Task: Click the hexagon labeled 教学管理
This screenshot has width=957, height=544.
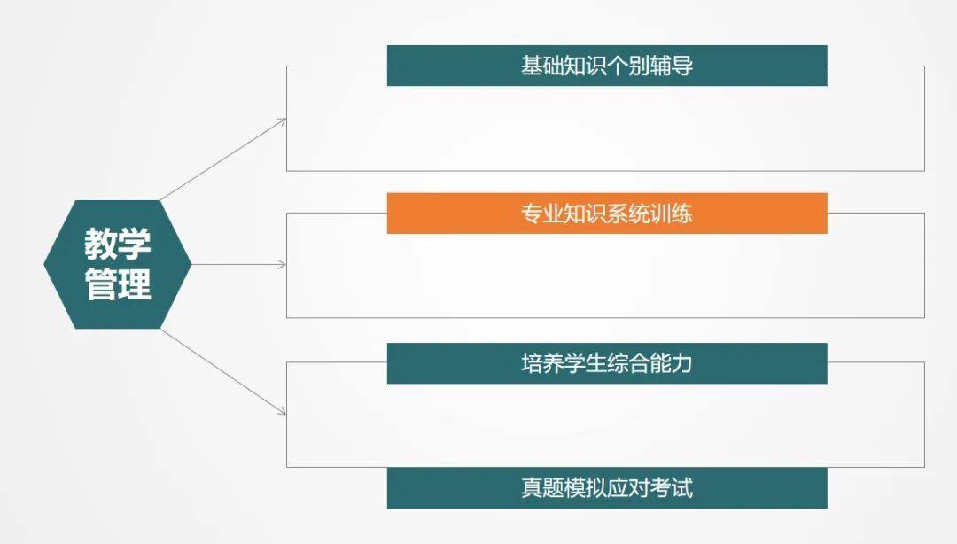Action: coord(117,264)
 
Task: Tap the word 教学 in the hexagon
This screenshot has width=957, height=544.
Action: coord(117,244)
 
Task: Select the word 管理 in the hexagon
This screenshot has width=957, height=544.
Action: coord(117,284)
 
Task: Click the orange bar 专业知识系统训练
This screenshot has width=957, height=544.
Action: coord(607,214)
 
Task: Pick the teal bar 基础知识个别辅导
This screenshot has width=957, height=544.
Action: coord(607,66)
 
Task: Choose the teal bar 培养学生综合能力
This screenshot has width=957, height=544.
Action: coord(607,363)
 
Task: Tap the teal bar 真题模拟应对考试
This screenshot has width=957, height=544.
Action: coord(607,488)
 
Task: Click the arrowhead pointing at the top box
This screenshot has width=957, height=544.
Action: coord(282,120)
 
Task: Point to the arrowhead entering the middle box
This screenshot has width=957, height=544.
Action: coord(282,264)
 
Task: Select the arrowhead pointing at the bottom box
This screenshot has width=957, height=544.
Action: coord(282,411)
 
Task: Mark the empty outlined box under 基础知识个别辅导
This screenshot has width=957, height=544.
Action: coord(605,128)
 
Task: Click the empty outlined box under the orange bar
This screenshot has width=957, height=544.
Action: coord(605,276)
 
